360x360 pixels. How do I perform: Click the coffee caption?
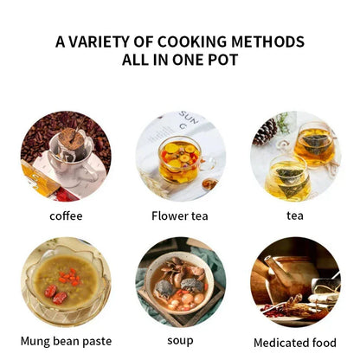click(66, 215)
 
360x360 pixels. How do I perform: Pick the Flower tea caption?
click(179, 215)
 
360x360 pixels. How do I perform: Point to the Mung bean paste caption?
click(66, 341)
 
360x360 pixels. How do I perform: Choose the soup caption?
click(179, 341)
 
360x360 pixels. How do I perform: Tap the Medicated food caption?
click(296, 342)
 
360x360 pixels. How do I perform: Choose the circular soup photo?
click(180, 280)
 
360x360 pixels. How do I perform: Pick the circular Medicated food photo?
click(296, 280)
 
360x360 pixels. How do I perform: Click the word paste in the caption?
click(97, 341)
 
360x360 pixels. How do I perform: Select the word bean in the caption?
click(68, 341)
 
